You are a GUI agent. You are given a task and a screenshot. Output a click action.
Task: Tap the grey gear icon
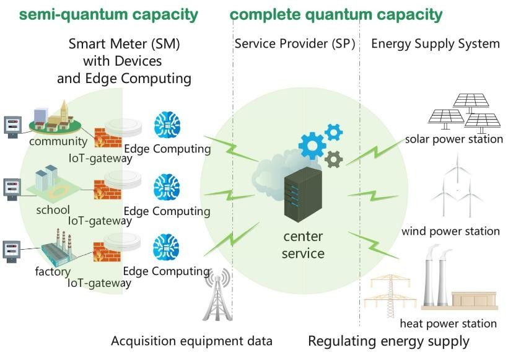tap(333, 159)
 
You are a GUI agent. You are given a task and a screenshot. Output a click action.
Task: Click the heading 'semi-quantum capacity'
tap(100, 14)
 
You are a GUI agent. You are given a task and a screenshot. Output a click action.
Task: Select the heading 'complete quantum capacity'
tap(336, 14)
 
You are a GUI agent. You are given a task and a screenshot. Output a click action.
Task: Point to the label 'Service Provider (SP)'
tap(298, 45)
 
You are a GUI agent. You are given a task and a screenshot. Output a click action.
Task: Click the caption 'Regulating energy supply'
tap(388, 341)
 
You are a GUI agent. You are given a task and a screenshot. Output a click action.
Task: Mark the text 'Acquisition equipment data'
tap(191, 341)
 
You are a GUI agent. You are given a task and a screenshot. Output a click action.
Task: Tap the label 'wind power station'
tap(450, 231)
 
